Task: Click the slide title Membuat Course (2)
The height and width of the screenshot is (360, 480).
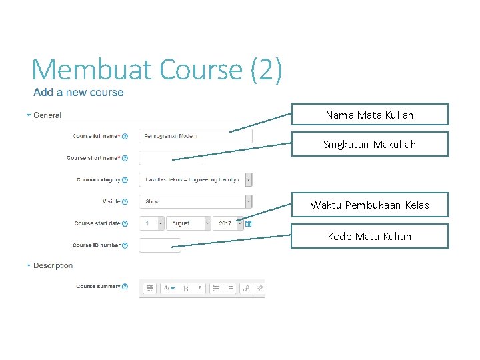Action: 157,69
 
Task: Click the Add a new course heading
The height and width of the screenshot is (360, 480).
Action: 79,93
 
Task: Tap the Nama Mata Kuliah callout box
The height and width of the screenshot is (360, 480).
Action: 369,115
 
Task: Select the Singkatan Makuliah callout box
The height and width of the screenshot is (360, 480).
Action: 369,144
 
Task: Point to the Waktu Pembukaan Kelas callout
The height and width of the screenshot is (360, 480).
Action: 369,205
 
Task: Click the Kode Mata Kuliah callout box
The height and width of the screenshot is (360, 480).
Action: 369,236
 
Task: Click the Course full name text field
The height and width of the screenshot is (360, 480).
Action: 196,136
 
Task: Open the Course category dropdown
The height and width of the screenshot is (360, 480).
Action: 196,179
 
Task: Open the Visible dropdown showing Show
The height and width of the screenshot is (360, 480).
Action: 196,201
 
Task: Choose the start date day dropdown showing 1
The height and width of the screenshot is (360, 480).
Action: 152,223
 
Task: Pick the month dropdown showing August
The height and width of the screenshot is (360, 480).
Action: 189,223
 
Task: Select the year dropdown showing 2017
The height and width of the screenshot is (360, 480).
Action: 229,223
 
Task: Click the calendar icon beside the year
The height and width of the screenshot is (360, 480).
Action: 249,224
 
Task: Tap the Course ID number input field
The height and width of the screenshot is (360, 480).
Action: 160,245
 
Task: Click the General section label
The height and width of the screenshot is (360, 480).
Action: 47,115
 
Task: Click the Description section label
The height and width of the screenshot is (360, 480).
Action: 53,265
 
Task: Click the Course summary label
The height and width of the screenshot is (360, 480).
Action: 98,287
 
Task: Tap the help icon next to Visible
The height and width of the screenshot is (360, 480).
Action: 125,202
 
